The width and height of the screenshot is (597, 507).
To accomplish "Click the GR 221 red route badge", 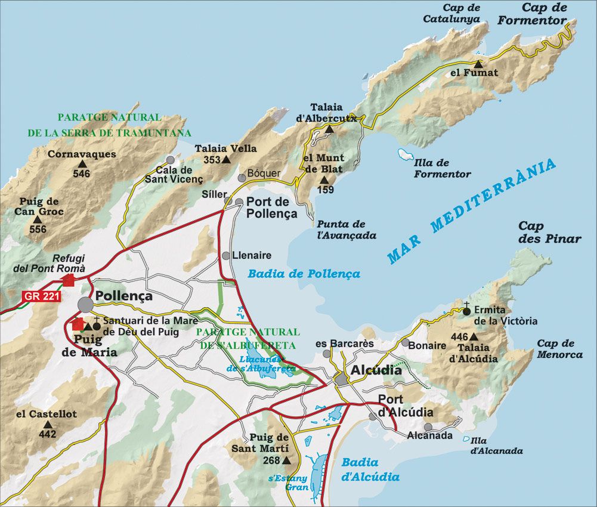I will point(41,296).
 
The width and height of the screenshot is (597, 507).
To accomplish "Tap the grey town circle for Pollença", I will point(85,304).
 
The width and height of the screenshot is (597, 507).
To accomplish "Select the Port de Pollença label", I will point(271,208).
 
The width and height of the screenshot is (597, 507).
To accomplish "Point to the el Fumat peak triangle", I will point(478,63).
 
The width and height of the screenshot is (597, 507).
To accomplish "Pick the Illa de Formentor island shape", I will point(406,155).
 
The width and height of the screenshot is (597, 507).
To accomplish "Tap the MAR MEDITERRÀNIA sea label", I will point(471,211).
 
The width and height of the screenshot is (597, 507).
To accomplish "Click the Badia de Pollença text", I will point(304,274).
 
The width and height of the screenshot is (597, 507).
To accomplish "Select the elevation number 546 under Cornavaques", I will point(81,174).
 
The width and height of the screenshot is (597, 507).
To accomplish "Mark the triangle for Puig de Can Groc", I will point(37,220).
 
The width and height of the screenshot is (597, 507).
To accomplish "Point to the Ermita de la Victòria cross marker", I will point(466,310).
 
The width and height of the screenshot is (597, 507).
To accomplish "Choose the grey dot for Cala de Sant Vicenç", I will point(171,160).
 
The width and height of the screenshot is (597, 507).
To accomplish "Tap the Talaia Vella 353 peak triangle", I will point(225,160).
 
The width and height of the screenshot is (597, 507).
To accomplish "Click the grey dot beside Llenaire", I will point(226,255).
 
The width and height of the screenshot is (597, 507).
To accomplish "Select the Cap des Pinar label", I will point(549,232).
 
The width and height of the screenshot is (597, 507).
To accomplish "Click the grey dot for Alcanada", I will point(428,426).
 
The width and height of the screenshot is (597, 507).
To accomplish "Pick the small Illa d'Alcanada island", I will point(466,438).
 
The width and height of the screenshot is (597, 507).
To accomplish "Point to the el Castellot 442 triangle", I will point(48,424).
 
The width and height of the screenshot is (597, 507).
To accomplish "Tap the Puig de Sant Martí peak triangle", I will point(286,460).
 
